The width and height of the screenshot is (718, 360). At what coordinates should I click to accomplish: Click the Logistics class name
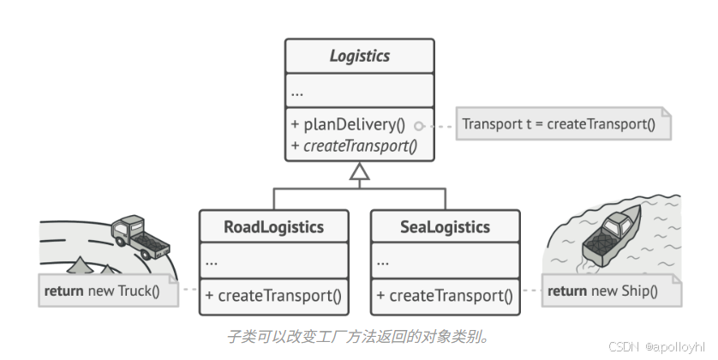359,57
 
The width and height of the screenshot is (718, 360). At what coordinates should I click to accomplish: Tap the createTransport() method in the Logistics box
354,145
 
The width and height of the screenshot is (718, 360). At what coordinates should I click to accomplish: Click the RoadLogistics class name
273,227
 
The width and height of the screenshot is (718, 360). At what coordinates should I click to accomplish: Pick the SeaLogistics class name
445,227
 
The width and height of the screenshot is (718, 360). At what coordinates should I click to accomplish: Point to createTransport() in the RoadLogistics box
273,297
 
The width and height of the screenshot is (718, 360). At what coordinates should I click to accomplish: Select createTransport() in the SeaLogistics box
445,297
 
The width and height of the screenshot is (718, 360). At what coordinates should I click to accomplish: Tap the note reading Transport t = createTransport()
559,124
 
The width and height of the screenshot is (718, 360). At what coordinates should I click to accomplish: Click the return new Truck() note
107,291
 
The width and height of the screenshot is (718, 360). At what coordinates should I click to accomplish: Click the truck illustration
137,236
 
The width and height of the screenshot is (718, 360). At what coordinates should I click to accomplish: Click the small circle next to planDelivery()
418,125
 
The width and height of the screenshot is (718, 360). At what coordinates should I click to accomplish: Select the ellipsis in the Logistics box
297,92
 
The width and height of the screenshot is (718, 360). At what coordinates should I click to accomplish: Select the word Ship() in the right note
640,291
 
